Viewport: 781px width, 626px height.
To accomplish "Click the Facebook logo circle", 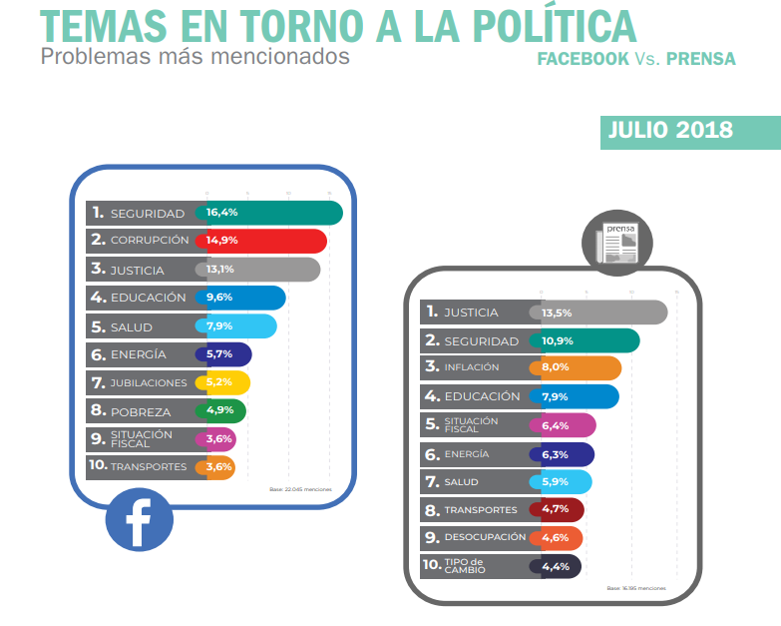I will pos(139,518).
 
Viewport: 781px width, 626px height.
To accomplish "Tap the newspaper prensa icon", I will pos(616,241).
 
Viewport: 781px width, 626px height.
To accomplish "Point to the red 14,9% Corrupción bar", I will pos(264,241).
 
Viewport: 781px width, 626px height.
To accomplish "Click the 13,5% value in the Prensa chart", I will pos(557,313).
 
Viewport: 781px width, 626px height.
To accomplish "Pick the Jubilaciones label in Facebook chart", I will pos(148,383).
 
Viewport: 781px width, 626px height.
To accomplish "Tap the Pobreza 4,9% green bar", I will pos(224,411).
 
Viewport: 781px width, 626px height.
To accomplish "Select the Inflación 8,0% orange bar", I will pos(580,367).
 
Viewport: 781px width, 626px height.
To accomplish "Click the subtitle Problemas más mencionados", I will pos(195,56).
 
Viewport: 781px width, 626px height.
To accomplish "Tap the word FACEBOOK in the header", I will pos(583,59).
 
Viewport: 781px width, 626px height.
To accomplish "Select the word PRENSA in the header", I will pos(701,59).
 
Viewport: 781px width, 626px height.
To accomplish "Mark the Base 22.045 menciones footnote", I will pos(300,489).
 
